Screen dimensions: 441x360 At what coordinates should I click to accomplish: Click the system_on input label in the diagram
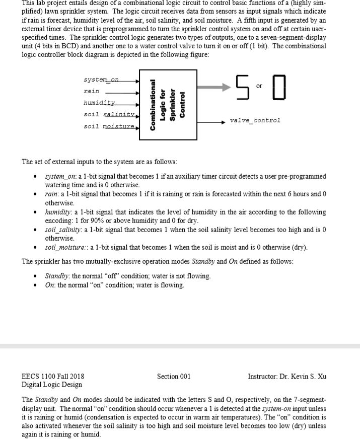[101, 81]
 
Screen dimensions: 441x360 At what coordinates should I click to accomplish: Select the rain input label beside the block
[91, 92]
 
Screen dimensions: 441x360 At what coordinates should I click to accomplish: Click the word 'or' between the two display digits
[259, 86]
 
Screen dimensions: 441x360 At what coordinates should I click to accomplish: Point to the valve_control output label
[255, 121]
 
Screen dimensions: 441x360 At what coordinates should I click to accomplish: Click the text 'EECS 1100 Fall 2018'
[53, 376]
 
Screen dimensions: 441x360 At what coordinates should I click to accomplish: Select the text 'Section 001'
[174, 376]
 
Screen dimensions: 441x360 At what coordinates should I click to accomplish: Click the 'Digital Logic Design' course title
[52, 385]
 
